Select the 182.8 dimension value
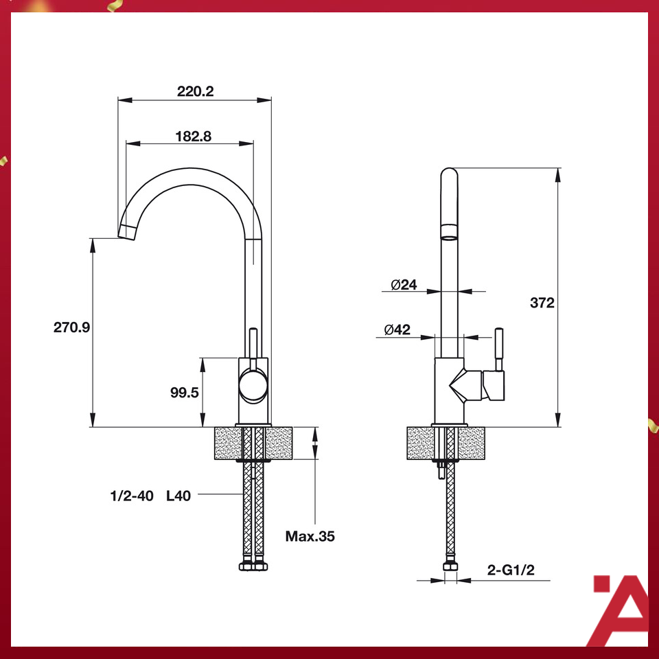193,136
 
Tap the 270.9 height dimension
72,327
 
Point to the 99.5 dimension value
184,393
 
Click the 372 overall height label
542,303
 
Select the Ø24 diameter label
404,285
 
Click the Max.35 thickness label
310,536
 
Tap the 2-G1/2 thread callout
511,569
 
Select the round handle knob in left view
252,384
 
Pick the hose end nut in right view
451,566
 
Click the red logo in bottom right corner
619,610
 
